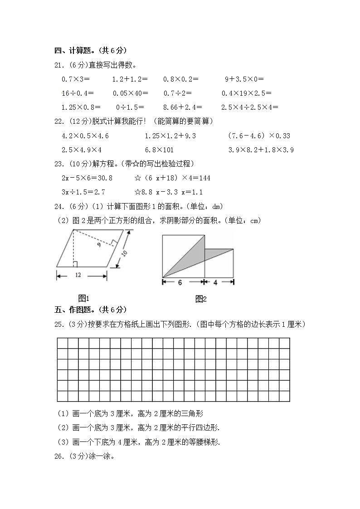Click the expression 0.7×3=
coord(75,79)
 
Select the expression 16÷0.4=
coord(77,93)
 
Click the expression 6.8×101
coord(159,150)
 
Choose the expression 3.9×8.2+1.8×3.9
coord(261,150)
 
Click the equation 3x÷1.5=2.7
coord(83,192)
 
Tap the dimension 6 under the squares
coord(180,282)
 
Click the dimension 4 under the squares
coord(215,282)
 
